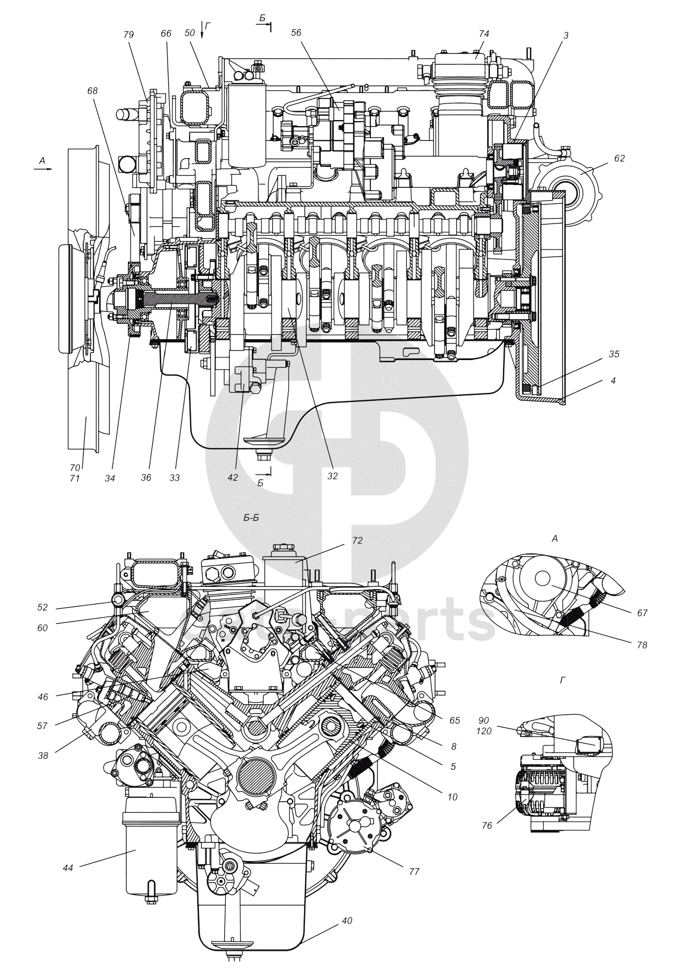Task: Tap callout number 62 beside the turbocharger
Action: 619,157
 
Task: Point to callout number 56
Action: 311,32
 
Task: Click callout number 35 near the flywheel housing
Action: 614,354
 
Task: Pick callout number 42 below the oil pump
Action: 233,477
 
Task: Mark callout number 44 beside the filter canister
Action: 68,868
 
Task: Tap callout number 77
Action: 414,871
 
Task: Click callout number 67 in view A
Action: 642,612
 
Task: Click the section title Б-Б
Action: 251,518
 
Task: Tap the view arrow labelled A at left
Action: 42,161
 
